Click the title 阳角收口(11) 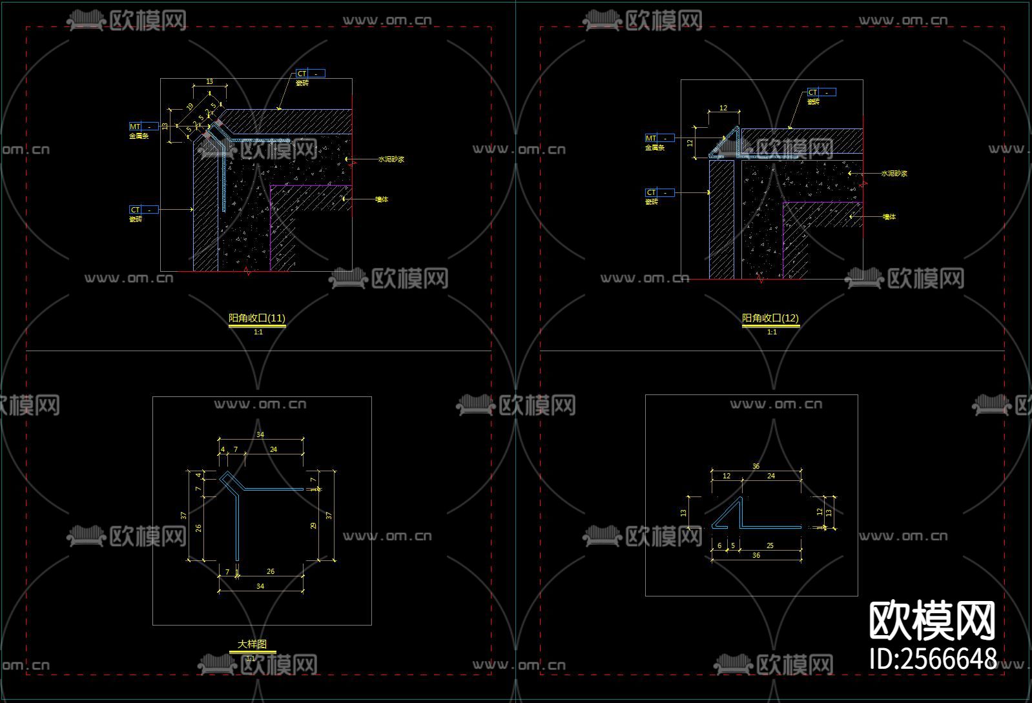click(x=257, y=318)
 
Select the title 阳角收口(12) click(x=770, y=318)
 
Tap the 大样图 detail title click(x=252, y=644)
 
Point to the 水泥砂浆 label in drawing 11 click(x=391, y=159)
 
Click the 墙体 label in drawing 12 click(x=889, y=217)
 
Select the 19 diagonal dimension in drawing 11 click(x=189, y=107)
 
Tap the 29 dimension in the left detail click(x=314, y=525)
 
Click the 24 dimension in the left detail click(x=273, y=449)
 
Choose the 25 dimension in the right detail click(x=770, y=545)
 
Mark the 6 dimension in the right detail click(x=719, y=545)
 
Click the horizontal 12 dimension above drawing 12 click(x=723, y=108)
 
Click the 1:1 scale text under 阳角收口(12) click(x=772, y=332)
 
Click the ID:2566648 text click(x=933, y=659)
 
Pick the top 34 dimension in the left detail click(x=260, y=435)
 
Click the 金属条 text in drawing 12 click(x=654, y=148)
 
